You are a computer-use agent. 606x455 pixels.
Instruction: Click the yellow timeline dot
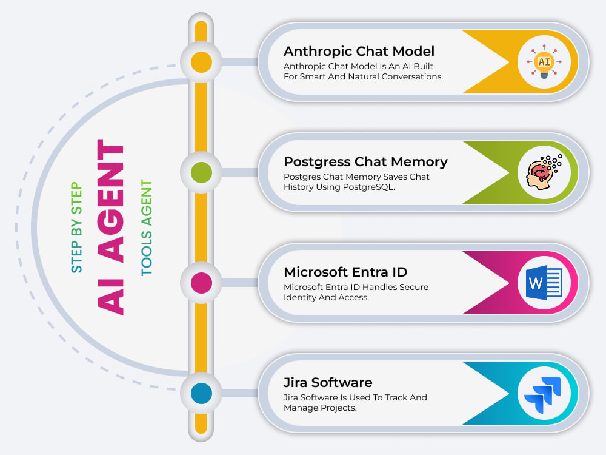pos(201,62)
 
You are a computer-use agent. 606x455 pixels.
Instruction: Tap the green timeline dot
pos(201,172)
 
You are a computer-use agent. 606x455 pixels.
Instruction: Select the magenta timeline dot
pos(201,283)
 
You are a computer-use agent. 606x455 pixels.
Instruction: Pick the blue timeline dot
pos(201,393)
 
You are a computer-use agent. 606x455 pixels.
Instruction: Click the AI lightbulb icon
pos(544,62)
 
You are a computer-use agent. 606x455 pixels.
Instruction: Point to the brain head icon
pos(544,172)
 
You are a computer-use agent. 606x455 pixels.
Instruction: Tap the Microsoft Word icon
pos(544,283)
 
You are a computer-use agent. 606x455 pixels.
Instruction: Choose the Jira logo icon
pos(543,395)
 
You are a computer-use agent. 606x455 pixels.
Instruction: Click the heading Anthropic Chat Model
pos(359,51)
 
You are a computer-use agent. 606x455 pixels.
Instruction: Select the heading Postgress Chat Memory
pos(365,162)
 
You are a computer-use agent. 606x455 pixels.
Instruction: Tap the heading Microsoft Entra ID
pos(345,272)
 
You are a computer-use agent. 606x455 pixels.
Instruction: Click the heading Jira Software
pos(328,382)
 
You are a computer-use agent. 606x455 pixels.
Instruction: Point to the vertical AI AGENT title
pos(111,227)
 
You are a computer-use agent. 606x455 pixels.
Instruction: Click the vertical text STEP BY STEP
pos(76,227)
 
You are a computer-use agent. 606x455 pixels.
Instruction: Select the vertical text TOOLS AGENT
pos(147,227)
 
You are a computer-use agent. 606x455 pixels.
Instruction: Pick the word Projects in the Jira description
pos(338,408)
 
